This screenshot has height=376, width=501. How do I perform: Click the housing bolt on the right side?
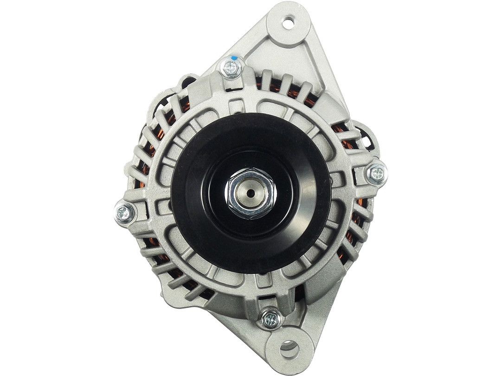(x=377, y=173)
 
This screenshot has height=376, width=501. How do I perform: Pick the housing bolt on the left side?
(x=125, y=213)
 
